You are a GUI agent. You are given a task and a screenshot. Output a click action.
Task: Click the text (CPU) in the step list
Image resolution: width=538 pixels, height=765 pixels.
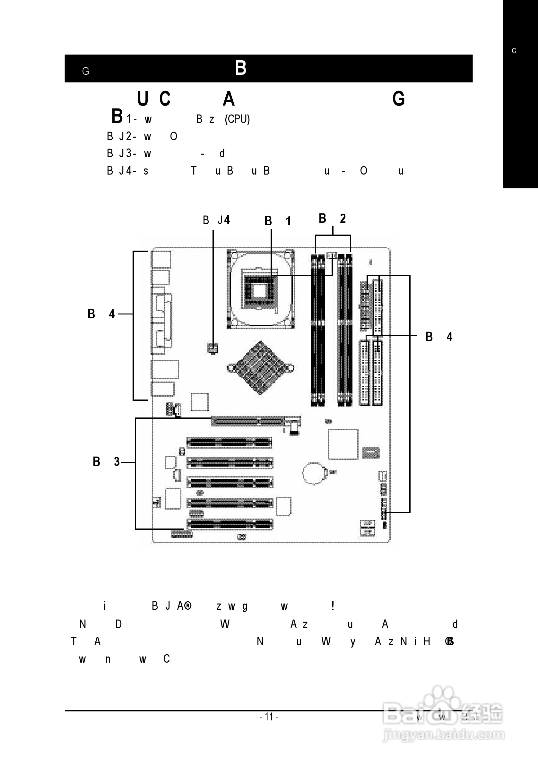[x=237, y=119]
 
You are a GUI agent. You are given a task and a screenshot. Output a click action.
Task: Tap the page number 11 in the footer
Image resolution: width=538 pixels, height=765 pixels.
[x=269, y=716]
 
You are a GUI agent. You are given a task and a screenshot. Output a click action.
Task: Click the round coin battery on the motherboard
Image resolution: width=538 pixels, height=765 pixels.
[x=313, y=473]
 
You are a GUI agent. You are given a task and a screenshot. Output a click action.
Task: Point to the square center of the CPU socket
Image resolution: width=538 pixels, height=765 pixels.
[x=259, y=292]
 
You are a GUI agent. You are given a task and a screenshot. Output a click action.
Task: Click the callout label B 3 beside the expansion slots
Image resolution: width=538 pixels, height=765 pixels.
[x=106, y=462]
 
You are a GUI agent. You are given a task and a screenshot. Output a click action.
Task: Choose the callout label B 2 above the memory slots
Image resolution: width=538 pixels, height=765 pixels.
[x=332, y=219]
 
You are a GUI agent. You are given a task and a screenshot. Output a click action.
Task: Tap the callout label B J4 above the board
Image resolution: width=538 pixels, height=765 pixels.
[x=216, y=220]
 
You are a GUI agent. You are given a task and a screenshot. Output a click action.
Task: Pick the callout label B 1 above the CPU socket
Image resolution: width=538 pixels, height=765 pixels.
[x=278, y=221]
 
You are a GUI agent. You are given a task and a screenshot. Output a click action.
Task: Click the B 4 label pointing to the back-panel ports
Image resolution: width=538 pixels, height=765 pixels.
[x=101, y=314]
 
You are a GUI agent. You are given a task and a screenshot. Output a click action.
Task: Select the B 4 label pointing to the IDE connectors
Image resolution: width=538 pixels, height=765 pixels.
[x=439, y=337]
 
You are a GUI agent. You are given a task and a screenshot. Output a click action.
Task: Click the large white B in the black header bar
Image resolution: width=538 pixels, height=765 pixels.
[x=240, y=68]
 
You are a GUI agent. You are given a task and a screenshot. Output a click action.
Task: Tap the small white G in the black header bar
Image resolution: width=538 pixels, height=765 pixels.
[x=86, y=71]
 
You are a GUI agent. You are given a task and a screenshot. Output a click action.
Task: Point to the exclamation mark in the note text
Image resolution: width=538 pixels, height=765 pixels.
[x=332, y=606]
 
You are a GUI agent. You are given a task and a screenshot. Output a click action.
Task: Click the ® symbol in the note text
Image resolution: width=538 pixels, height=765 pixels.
[x=188, y=606]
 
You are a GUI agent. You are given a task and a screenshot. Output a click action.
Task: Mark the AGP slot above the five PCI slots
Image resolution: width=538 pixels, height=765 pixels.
[x=248, y=421]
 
